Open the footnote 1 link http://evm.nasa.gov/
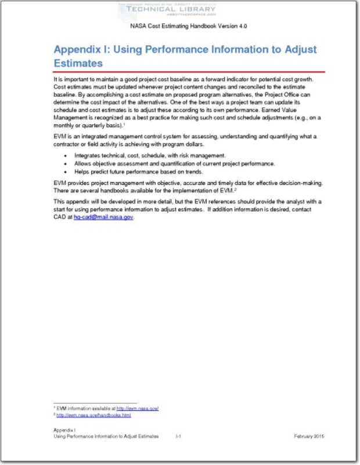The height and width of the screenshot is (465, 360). pyautogui.click(x=138, y=409)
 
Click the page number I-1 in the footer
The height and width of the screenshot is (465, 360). pyautogui.click(x=179, y=435)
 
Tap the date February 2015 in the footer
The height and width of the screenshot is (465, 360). pyautogui.click(x=309, y=435)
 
